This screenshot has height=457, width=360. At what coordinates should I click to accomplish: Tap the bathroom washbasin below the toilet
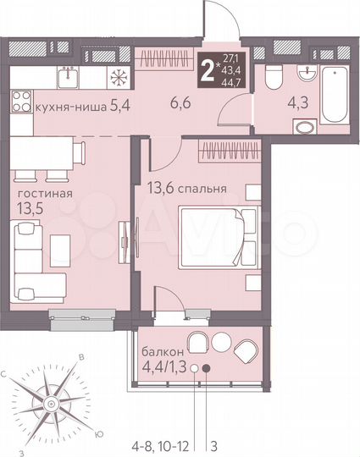tap(302, 128)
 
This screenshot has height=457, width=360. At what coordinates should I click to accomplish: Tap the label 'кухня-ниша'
tap(64, 108)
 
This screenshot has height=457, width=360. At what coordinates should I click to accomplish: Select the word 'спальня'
tap(202, 189)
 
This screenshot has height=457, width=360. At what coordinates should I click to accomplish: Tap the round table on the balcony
tap(222, 343)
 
